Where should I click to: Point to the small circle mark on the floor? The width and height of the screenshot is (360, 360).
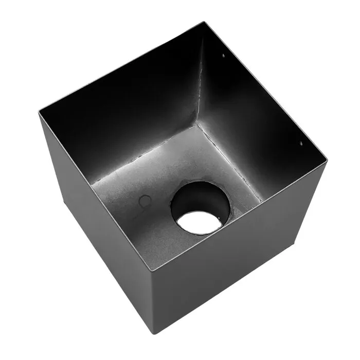point(146,200)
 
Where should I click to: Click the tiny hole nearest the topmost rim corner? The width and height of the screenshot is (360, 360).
point(224,53)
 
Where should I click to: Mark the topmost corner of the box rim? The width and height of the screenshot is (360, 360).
point(204,22)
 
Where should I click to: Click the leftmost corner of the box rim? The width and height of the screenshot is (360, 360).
point(39,113)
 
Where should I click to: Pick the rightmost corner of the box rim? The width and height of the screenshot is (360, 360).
point(327,160)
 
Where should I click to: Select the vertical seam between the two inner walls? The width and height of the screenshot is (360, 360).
point(200,77)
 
